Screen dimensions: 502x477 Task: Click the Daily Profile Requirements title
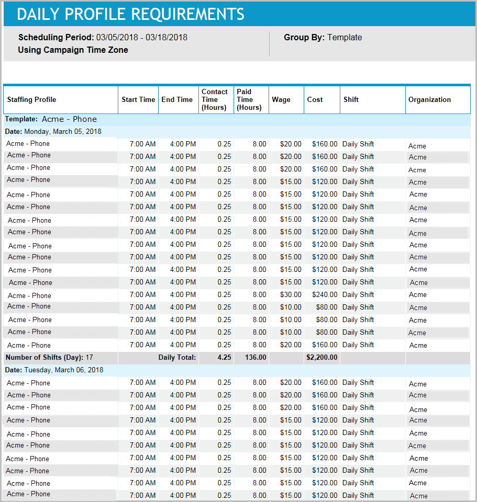click(x=130, y=14)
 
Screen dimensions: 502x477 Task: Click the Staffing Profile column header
click(x=31, y=99)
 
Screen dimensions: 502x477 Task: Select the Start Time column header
click(x=138, y=99)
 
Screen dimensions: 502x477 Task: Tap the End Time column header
click(x=177, y=99)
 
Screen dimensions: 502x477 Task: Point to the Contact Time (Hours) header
click(x=215, y=99)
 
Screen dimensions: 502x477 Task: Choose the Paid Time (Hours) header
click(x=249, y=99)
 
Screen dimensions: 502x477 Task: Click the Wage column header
click(x=281, y=99)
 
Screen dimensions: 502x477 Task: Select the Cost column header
click(x=315, y=99)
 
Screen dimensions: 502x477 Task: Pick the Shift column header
click(x=351, y=99)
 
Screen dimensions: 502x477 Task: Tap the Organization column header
click(x=429, y=99)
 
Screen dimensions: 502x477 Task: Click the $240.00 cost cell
click(x=325, y=294)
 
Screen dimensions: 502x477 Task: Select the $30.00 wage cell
click(x=291, y=294)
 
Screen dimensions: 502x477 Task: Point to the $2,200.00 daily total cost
click(x=321, y=358)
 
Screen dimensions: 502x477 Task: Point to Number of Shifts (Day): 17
click(x=49, y=358)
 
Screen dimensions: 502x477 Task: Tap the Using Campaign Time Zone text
click(x=73, y=50)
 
